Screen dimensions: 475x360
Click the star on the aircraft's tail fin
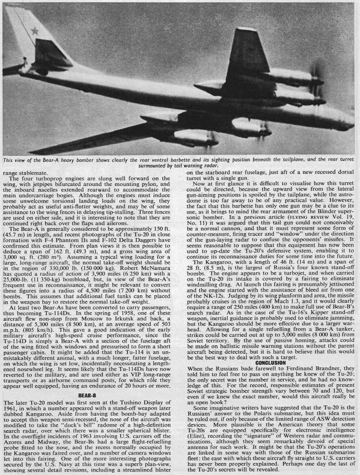(34, 31)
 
